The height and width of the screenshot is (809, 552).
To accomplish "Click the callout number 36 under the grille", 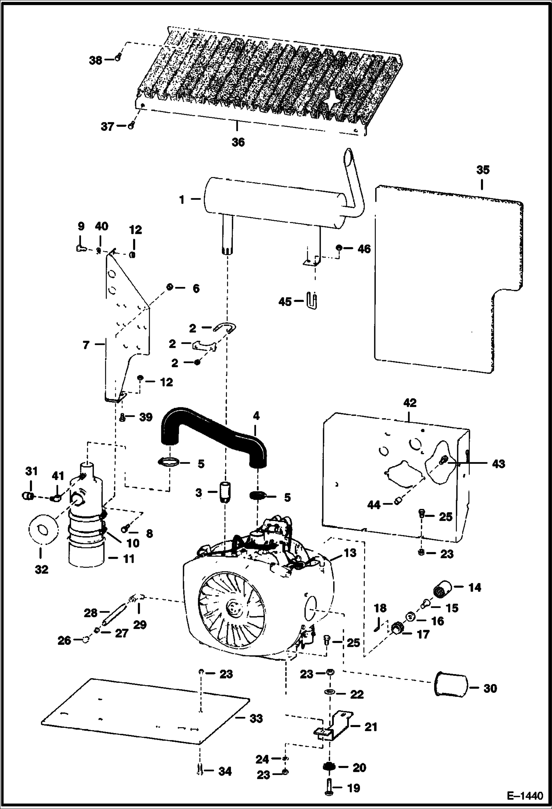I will point(238,142).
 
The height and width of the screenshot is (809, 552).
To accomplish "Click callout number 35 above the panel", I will point(483,170).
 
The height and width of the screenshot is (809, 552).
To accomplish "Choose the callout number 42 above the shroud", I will point(409,403).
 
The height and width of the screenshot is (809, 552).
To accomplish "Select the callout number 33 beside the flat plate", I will point(256,718).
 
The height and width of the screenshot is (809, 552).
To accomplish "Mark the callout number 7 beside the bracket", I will point(86,346).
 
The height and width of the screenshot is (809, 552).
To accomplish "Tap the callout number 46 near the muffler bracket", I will point(364,249).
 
